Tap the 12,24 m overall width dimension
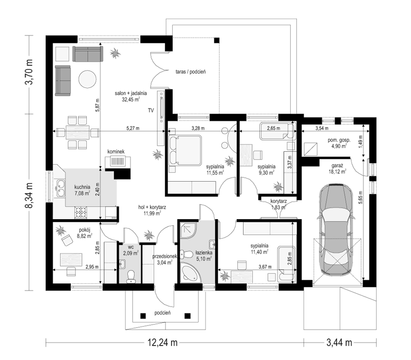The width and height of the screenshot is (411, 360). click(x=162, y=343)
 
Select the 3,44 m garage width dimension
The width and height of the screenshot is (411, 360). click(x=339, y=343)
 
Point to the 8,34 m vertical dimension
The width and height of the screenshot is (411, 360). click(x=29, y=195)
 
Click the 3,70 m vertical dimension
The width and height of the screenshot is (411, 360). click(x=29, y=72)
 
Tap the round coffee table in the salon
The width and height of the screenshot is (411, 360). click(x=87, y=79)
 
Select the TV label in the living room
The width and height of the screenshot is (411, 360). click(x=151, y=111)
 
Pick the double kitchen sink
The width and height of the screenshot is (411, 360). click(x=61, y=188)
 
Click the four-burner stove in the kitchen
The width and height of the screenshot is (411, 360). click(x=81, y=212)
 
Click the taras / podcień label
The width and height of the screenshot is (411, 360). click(x=191, y=71)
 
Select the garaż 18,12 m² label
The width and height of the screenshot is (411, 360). click(x=338, y=169)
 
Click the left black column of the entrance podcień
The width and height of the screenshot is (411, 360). click(x=143, y=315)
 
